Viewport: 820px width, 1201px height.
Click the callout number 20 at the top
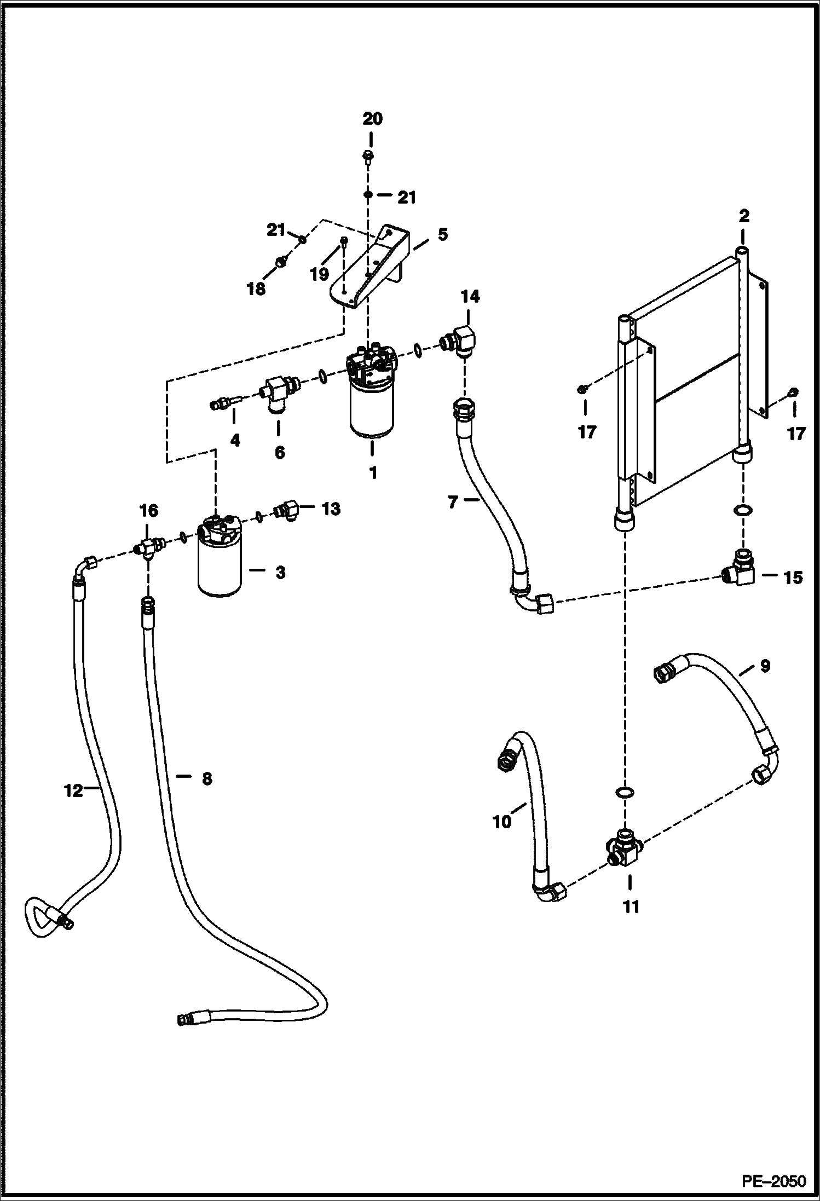(372, 119)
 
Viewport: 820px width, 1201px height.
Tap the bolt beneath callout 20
(368, 157)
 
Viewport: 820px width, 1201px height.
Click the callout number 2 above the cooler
(743, 216)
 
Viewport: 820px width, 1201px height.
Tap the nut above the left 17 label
(584, 389)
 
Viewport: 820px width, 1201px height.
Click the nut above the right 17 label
(793, 392)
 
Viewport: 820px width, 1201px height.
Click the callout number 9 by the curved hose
(765, 666)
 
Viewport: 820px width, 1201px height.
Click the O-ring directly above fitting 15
(742, 511)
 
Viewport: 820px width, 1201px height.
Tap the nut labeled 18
(280, 262)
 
